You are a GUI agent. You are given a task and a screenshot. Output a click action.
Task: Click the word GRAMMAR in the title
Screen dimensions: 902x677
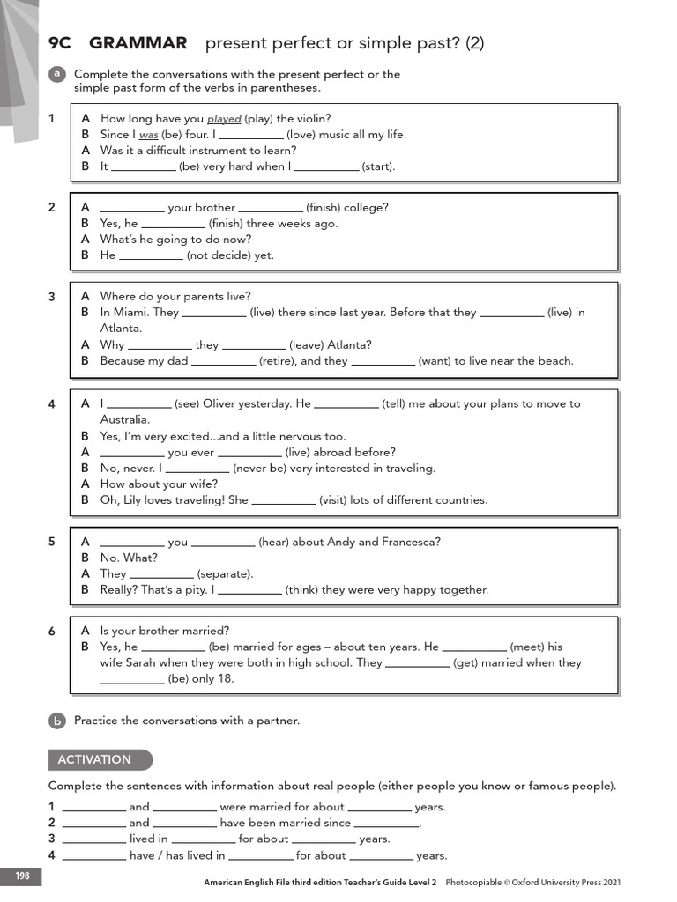[138, 43]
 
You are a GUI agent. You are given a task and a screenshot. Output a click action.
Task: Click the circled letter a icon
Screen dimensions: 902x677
[56, 75]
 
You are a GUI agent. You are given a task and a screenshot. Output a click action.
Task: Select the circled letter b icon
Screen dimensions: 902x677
[56, 721]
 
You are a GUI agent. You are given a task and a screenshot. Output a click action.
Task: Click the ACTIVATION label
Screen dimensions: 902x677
[94, 759]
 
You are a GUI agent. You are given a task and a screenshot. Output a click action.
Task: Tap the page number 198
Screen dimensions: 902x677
[20, 876]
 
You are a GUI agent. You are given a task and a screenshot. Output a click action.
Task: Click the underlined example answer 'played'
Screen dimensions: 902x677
[224, 119]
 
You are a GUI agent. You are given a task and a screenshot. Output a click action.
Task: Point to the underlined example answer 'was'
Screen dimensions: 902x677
[148, 136]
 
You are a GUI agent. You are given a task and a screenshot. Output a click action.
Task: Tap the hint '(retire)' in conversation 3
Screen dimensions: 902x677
[278, 360]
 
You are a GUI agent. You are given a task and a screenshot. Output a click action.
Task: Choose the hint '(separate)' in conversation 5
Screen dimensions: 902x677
[225, 574]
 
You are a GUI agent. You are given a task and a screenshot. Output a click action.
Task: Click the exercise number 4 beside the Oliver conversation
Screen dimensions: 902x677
[52, 404]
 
